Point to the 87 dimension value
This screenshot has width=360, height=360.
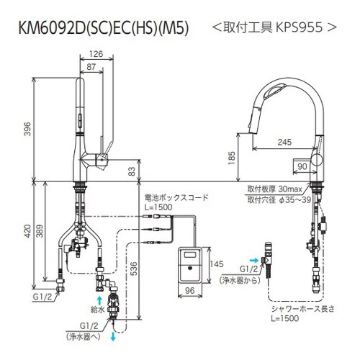coord(90,66)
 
